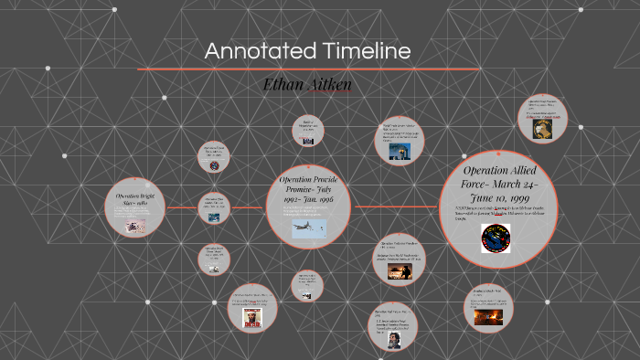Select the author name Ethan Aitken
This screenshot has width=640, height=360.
click(x=306, y=84)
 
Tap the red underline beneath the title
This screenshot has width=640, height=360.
click(x=308, y=69)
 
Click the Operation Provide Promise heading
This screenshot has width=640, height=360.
click(x=314, y=187)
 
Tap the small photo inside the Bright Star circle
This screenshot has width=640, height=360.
click(x=135, y=226)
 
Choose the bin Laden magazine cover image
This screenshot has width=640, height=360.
click(x=251, y=316)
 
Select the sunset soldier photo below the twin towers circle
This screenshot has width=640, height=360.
click(x=399, y=271)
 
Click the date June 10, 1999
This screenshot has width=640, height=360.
click(x=497, y=199)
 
